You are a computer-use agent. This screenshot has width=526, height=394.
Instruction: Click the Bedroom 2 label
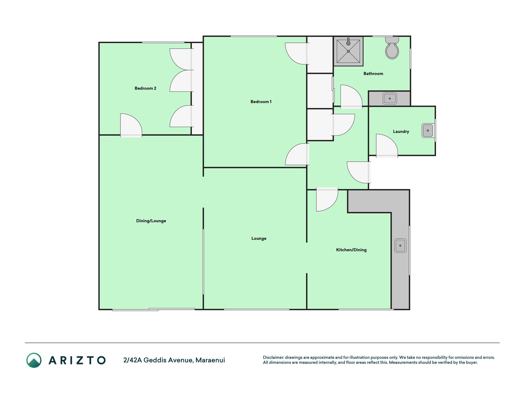coord(145,88)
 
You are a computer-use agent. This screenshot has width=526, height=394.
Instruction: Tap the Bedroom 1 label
coord(261,102)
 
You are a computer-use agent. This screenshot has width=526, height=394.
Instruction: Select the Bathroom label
coord(373,74)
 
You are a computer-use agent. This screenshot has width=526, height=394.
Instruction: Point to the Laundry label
coord(401,131)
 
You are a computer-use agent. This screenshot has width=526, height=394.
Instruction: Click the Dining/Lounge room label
coord(151,221)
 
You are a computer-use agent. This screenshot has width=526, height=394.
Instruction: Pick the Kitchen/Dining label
coord(351,250)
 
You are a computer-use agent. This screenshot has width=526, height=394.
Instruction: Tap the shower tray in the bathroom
coord(348,51)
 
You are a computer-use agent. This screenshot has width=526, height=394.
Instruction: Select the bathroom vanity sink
coord(390,98)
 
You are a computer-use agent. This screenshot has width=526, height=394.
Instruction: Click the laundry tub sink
coord(428,131)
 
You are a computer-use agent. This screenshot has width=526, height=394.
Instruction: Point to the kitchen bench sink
coord(400,245)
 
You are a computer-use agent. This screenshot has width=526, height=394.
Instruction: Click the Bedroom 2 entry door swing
coord(131,125)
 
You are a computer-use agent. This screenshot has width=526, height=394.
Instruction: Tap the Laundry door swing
coord(387,145)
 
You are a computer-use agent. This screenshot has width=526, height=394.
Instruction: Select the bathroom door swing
coord(351,96)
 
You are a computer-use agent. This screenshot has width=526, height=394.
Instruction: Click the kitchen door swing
coord(327,199)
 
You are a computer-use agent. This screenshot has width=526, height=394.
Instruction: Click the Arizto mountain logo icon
coord(34,360)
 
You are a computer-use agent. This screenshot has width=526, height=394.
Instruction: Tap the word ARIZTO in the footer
coord(77,360)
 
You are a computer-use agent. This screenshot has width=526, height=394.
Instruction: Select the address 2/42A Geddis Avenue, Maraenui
coord(174,360)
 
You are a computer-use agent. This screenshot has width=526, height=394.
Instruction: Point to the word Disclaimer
coord(273,357)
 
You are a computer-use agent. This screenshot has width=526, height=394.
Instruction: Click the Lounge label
coord(259,238)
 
